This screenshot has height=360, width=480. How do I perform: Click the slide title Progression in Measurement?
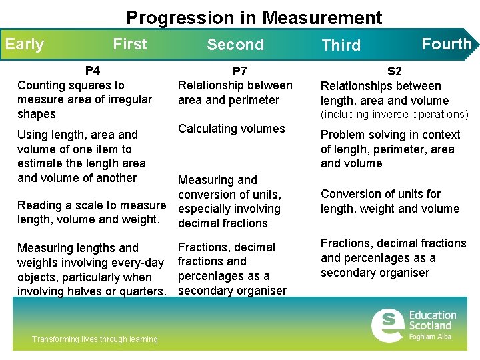(x=254, y=17)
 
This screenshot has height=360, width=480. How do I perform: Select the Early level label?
(x=25, y=45)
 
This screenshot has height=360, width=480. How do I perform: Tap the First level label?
(x=130, y=44)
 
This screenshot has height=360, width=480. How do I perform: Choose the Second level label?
(x=235, y=45)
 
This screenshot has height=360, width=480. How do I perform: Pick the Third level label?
(x=341, y=45)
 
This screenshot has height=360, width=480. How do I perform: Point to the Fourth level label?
(x=446, y=44)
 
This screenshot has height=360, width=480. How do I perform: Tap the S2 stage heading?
(x=395, y=71)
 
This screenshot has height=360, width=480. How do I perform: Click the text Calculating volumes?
(x=231, y=129)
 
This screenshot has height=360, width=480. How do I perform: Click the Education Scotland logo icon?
(x=387, y=325)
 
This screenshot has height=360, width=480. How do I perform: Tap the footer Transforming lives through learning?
(x=95, y=339)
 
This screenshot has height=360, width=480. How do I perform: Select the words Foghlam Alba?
(x=431, y=337)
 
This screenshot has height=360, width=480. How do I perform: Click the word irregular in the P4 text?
(x=129, y=99)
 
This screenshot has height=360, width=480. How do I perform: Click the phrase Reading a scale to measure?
(x=91, y=205)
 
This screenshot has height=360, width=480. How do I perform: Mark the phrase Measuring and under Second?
(x=217, y=180)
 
